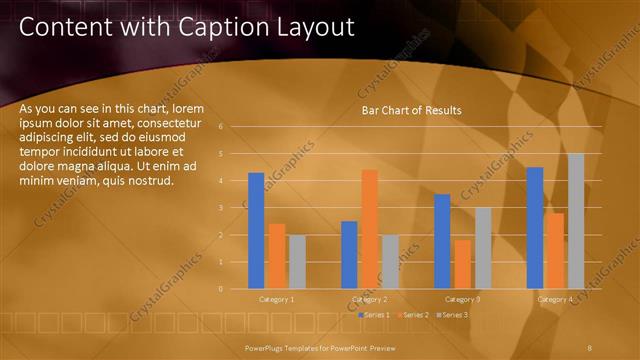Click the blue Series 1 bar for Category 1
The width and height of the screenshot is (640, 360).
tap(256, 230)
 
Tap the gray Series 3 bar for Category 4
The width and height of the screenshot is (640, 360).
tap(576, 220)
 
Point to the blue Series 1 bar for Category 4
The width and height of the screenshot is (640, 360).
tap(535, 227)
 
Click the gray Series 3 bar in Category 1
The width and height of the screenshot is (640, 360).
tap(297, 261)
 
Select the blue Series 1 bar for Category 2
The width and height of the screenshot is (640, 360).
tap(349, 254)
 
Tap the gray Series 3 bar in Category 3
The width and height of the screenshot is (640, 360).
tap(483, 247)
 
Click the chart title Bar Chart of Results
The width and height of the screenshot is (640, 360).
tap(411, 110)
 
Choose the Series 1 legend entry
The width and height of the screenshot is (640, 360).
tap(376, 315)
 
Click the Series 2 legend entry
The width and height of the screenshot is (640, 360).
tap(413, 315)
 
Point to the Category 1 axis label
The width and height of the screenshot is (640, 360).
tap(277, 299)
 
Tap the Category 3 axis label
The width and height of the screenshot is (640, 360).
tap(462, 299)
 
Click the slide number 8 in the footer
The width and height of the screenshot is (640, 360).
tap(590, 346)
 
